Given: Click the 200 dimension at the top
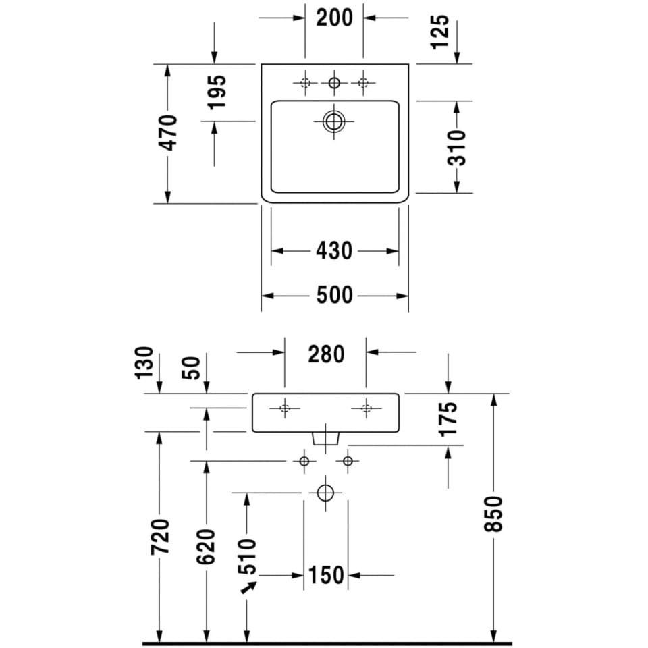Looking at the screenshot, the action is point(334,18).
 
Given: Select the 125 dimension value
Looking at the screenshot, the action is point(439,32).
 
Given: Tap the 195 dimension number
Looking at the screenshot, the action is point(217,92).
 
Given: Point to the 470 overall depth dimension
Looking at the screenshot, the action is point(169,133).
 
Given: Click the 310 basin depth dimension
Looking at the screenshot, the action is point(456,148).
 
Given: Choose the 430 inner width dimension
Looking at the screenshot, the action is point(334,251).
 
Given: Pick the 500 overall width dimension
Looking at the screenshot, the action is point(334,295).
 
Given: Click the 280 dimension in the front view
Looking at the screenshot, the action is point(325,354).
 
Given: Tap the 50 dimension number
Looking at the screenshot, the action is point(191,368).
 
